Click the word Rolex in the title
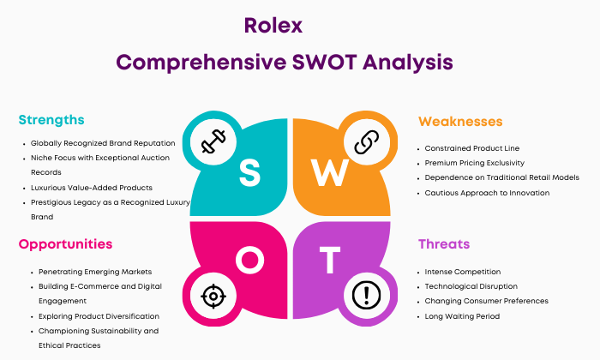coord(273,26)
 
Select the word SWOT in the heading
coord(324,62)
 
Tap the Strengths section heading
coord(51,120)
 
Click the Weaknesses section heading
coord(460,121)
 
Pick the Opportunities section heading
coord(65,244)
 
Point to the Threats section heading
coord(444,244)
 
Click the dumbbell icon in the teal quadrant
coord(213,141)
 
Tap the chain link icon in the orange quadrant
coord(366,141)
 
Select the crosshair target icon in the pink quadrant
coord(213,296)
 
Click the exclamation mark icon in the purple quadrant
coord(366,296)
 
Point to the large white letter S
coord(249,173)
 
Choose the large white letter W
coord(329,172)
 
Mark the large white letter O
coord(249,260)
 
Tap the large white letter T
coord(330,261)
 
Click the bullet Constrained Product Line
coord(471,148)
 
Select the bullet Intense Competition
coord(462,272)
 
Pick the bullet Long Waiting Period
coord(462,316)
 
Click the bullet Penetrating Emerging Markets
coord(95,272)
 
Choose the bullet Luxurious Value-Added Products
coord(92,188)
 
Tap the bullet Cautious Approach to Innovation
coord(487,193)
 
